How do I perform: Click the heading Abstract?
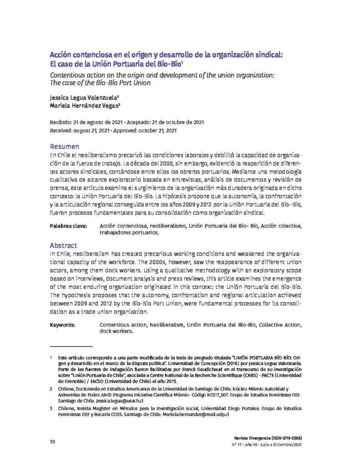[x=63, y=245]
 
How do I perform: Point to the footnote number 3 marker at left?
[x=51, y=409]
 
